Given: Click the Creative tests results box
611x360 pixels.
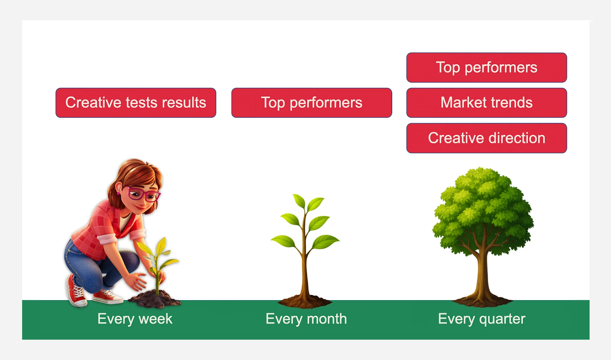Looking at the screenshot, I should (x=136, y=103).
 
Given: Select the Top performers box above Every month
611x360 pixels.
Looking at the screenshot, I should (x=312, y=103).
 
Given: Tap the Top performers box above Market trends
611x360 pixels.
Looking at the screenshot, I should (x=486, y=67).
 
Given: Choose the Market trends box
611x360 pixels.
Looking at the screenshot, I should (x=486, y=103).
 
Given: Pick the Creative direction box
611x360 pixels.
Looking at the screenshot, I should (x=486, y=138).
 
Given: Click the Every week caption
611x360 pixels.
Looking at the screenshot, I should (x=135, y=319).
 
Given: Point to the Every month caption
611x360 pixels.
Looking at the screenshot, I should (x=306, y=319).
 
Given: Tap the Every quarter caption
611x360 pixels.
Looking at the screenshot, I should (x=481, y=319).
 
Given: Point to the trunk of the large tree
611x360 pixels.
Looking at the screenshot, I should (x=483, y=275).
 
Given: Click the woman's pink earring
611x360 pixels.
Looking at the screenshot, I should (x=118, y=194).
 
